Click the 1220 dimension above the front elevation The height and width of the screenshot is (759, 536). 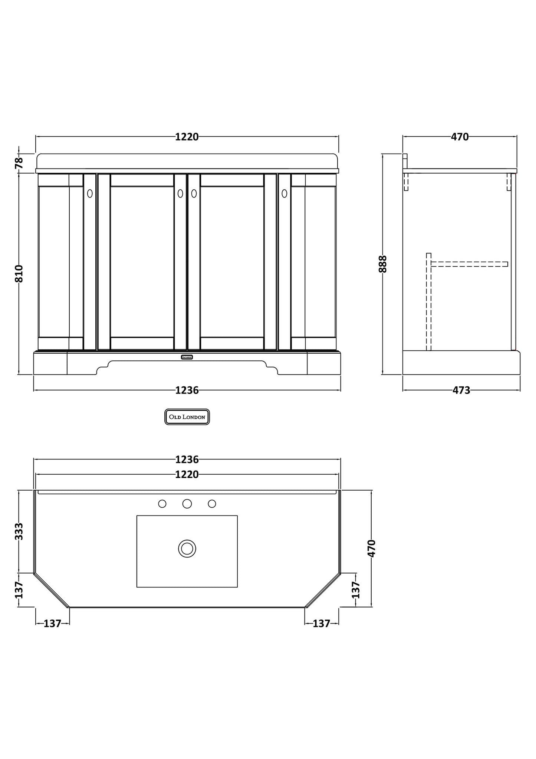tap(187, 137)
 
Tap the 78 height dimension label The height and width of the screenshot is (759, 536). tap(19, 163)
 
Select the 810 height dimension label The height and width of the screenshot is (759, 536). tap(19, 274)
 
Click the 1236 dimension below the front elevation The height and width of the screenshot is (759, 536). tap(187, 390)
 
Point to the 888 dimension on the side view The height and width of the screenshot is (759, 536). tap(383, 264)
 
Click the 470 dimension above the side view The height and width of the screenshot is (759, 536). tap(460, 137)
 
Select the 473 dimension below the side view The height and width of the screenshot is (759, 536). tap(461, 390)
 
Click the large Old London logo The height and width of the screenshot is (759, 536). tap(187, 417)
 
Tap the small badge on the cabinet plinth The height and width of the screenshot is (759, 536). tap(187, 357)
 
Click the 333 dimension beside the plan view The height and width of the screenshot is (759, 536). tap(19, 531)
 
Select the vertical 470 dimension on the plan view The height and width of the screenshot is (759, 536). tap(372, 548)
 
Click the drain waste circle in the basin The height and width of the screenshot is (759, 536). tap(187, 549)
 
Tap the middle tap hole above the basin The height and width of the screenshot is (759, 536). tap(187, 504)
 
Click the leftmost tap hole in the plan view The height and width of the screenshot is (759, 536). tap(162, 504)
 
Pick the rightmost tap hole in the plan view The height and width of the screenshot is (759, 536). tap(212, 504)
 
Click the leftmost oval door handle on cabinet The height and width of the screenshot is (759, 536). tap(90, 193)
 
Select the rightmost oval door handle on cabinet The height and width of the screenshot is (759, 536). tap(284, 193)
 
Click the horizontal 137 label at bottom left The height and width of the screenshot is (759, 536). tap(52, 624)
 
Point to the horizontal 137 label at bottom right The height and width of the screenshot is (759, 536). tap(321, 624)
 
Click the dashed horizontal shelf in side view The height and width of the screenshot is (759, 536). tap(469, 264)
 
